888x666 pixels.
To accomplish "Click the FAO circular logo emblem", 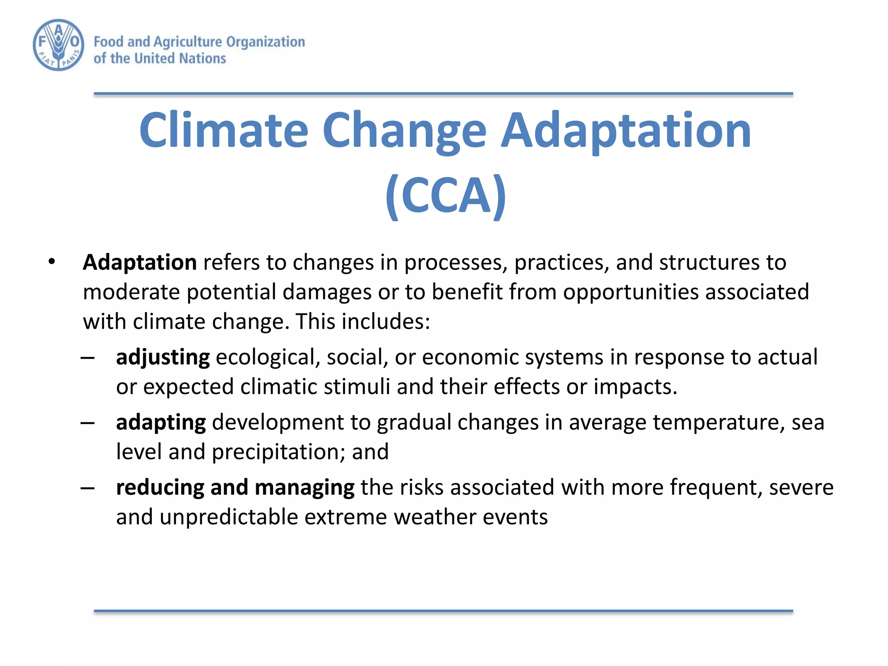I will [x=59, y=45].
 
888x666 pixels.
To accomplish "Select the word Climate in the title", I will [x=223, y=130].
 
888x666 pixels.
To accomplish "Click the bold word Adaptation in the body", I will [x=140, y=262].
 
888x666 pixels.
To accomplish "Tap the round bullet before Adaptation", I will [x=52, y=262].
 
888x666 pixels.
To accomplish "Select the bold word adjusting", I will [x=163, y=357].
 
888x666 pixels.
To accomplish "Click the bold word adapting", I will [x=161, y=422].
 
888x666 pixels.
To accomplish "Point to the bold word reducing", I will [x=160, y=487].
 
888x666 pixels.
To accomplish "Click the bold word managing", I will [x=304, y=487].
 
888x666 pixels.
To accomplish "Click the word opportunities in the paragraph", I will [x=630, y=292].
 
